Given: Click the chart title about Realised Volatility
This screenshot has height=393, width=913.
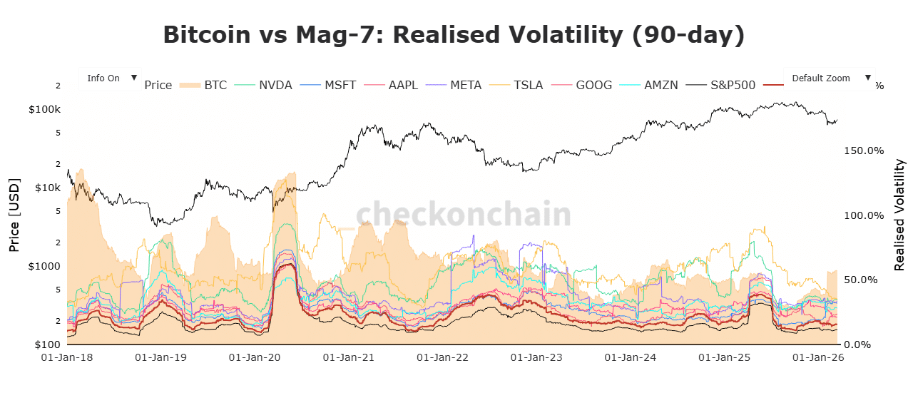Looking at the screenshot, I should [454, 35].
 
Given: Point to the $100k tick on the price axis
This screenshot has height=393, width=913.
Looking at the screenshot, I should [44, 110].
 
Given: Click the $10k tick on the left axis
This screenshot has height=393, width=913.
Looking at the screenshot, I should [47, 188].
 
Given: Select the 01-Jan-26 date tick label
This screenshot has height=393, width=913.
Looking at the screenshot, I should [819, 358].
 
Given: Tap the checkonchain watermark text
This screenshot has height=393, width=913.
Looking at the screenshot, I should [464, 214].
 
